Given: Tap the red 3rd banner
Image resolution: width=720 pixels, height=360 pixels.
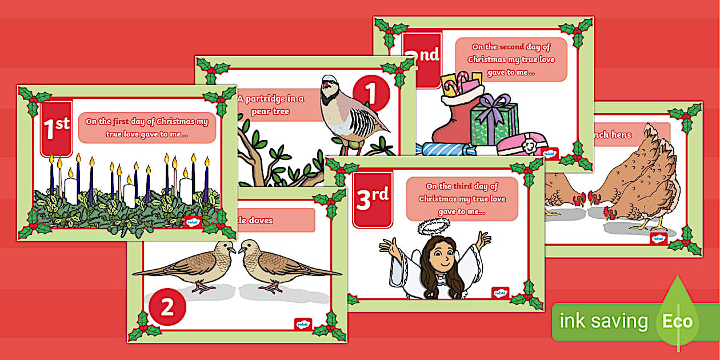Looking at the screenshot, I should [x=373, y=198].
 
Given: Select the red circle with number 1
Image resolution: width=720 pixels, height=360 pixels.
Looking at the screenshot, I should [x=371, y=94].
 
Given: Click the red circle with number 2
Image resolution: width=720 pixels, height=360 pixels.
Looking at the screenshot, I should [x=167, y=307].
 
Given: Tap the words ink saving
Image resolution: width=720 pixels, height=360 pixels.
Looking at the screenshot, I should [x=603, y=321].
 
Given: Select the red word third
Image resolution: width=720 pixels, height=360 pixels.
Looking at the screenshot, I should [x=462, y=186].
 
